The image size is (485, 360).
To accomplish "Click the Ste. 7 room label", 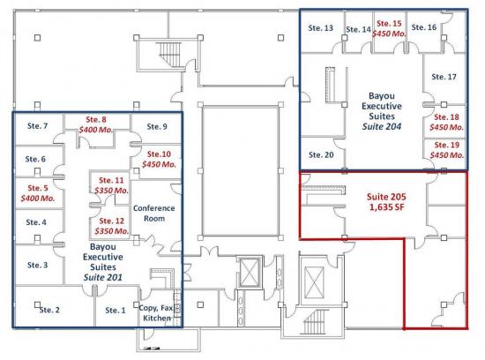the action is coord(37,126).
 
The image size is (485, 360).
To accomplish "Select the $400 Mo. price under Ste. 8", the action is coord(96,130).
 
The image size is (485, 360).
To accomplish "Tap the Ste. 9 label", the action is coord(157,126).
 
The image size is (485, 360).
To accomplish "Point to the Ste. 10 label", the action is coord(159,154).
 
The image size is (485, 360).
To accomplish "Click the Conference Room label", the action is coord(154,214).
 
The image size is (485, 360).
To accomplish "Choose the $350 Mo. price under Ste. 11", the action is coord(111,191).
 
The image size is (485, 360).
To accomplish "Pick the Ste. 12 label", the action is coord(112,221).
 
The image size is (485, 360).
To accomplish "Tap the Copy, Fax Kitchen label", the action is coord(156,312).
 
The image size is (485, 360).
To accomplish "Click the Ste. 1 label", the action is coord(116,311).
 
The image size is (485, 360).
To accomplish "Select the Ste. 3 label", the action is coord(37,265).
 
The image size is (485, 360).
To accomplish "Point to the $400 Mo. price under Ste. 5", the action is coord(38,199).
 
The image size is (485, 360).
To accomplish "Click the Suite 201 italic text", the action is coord(103,277).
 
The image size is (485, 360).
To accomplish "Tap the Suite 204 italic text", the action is coord(382,126).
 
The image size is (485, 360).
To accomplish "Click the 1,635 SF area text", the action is coord(386,206).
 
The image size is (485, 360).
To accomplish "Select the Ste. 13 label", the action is coord(321,28).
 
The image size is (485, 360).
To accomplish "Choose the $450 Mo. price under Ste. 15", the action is coord(389,34).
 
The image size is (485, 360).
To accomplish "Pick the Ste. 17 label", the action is coord(444,77).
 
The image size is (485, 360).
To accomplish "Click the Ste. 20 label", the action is coord(321,154).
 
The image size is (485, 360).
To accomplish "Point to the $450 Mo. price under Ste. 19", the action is coord(447,154).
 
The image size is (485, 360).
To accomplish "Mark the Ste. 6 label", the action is coord(35,159).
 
